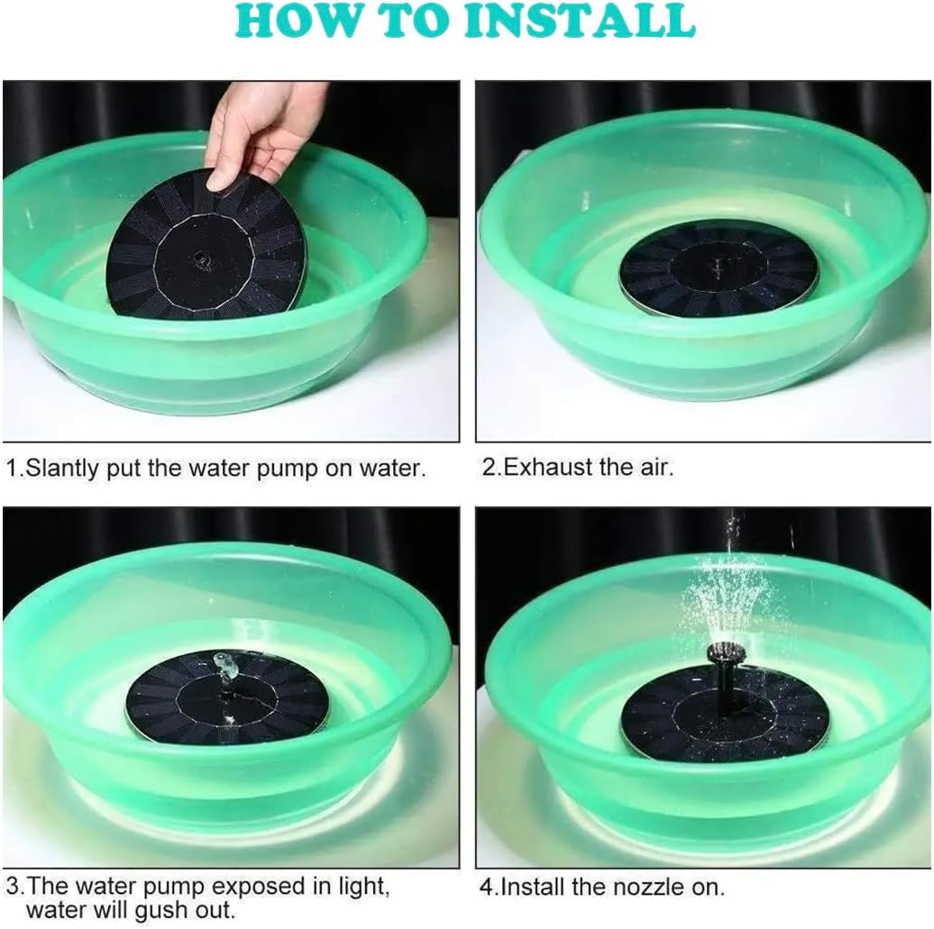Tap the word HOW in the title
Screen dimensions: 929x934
click(x=299, y=22)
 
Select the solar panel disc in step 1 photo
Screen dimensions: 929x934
click(x=208, y=248)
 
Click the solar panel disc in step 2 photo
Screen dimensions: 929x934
click(x=719, y=268)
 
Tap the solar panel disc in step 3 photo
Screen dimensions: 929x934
click(x=226, y=696)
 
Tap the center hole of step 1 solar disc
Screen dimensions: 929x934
click(x=199, y=258)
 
